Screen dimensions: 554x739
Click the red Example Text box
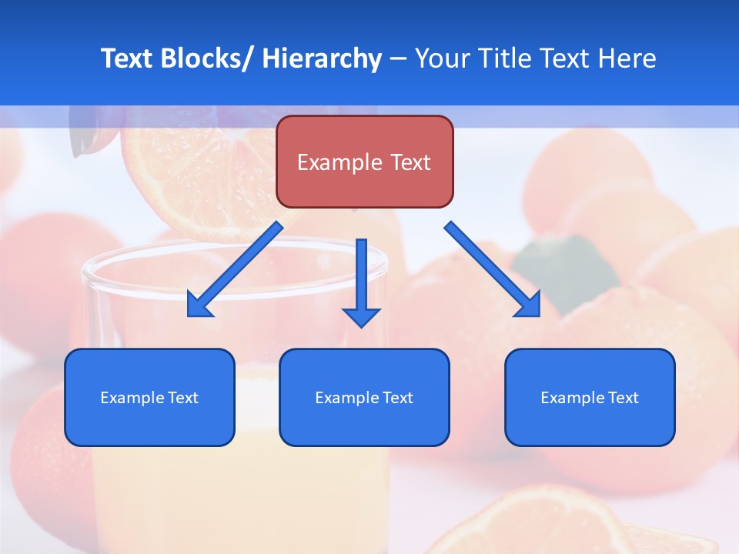(364, 162)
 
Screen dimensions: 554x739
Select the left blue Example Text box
(149, 397)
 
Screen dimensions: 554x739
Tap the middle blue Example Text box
(364, 397)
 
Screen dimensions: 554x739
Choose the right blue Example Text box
(590, 397)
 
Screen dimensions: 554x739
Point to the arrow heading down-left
(235, 269)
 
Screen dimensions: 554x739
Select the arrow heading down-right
(493, 269)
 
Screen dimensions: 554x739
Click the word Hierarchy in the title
(322, 58)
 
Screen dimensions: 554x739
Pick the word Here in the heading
(628, 58)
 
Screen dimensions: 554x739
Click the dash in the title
(398, 59)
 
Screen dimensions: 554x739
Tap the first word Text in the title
(128, 58)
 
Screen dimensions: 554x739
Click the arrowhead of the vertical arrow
(362, 316)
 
